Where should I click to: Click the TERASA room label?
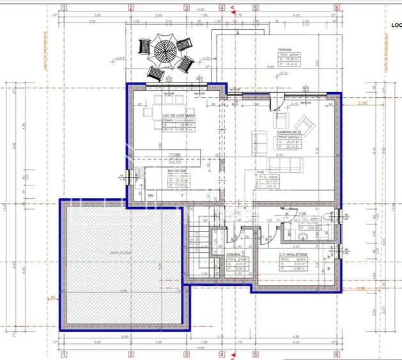pos(285,50)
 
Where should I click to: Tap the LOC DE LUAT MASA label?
pos(179,115)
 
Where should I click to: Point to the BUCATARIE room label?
pos(177,171)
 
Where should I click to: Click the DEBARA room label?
pos(234,254)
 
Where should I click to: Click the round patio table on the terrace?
pos(166,49)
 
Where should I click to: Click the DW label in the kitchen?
pos(151,195)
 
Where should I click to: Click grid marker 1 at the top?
pos(65,8)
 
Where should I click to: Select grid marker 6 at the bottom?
pos(336,353)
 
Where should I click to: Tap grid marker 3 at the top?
pos(187,8)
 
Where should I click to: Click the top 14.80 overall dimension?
pos(200,10)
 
